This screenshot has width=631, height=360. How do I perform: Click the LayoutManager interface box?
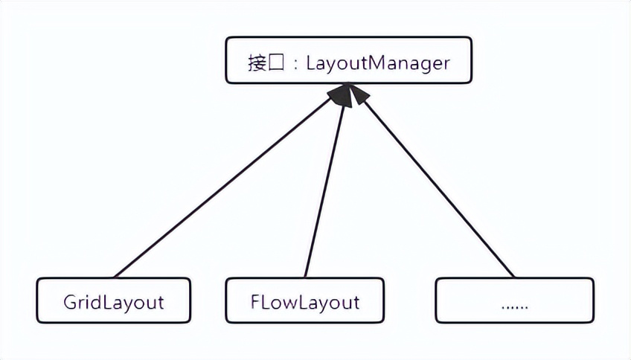pos(348,60)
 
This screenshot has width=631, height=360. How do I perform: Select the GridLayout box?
pos(114,300)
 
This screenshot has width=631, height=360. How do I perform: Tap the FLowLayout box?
pos(305,300)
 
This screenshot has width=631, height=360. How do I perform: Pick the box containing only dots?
pos(514,300)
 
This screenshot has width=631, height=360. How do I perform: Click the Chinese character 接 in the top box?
pos(257,62)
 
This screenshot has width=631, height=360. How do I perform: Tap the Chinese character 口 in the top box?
pos(276,62)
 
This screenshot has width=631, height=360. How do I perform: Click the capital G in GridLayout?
pos(71,302)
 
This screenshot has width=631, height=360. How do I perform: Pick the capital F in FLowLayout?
pos(256,302)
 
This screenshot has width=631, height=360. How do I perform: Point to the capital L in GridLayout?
pos(104,302)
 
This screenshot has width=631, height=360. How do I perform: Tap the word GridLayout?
pos(114,302)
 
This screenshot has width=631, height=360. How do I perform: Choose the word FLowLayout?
pos(305,302)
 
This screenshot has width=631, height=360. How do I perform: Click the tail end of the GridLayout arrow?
pos(116,275)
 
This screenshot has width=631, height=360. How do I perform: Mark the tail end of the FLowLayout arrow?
pos(306,275)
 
